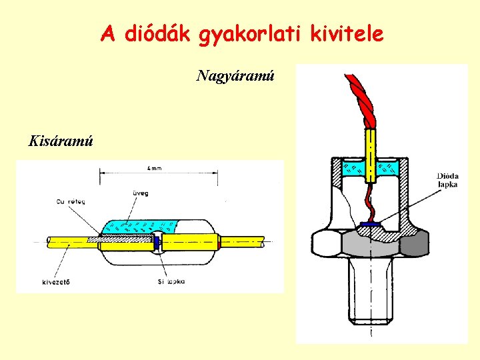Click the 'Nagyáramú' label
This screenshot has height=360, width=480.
(235, 76)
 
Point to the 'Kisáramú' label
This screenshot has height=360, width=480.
(61, 141)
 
